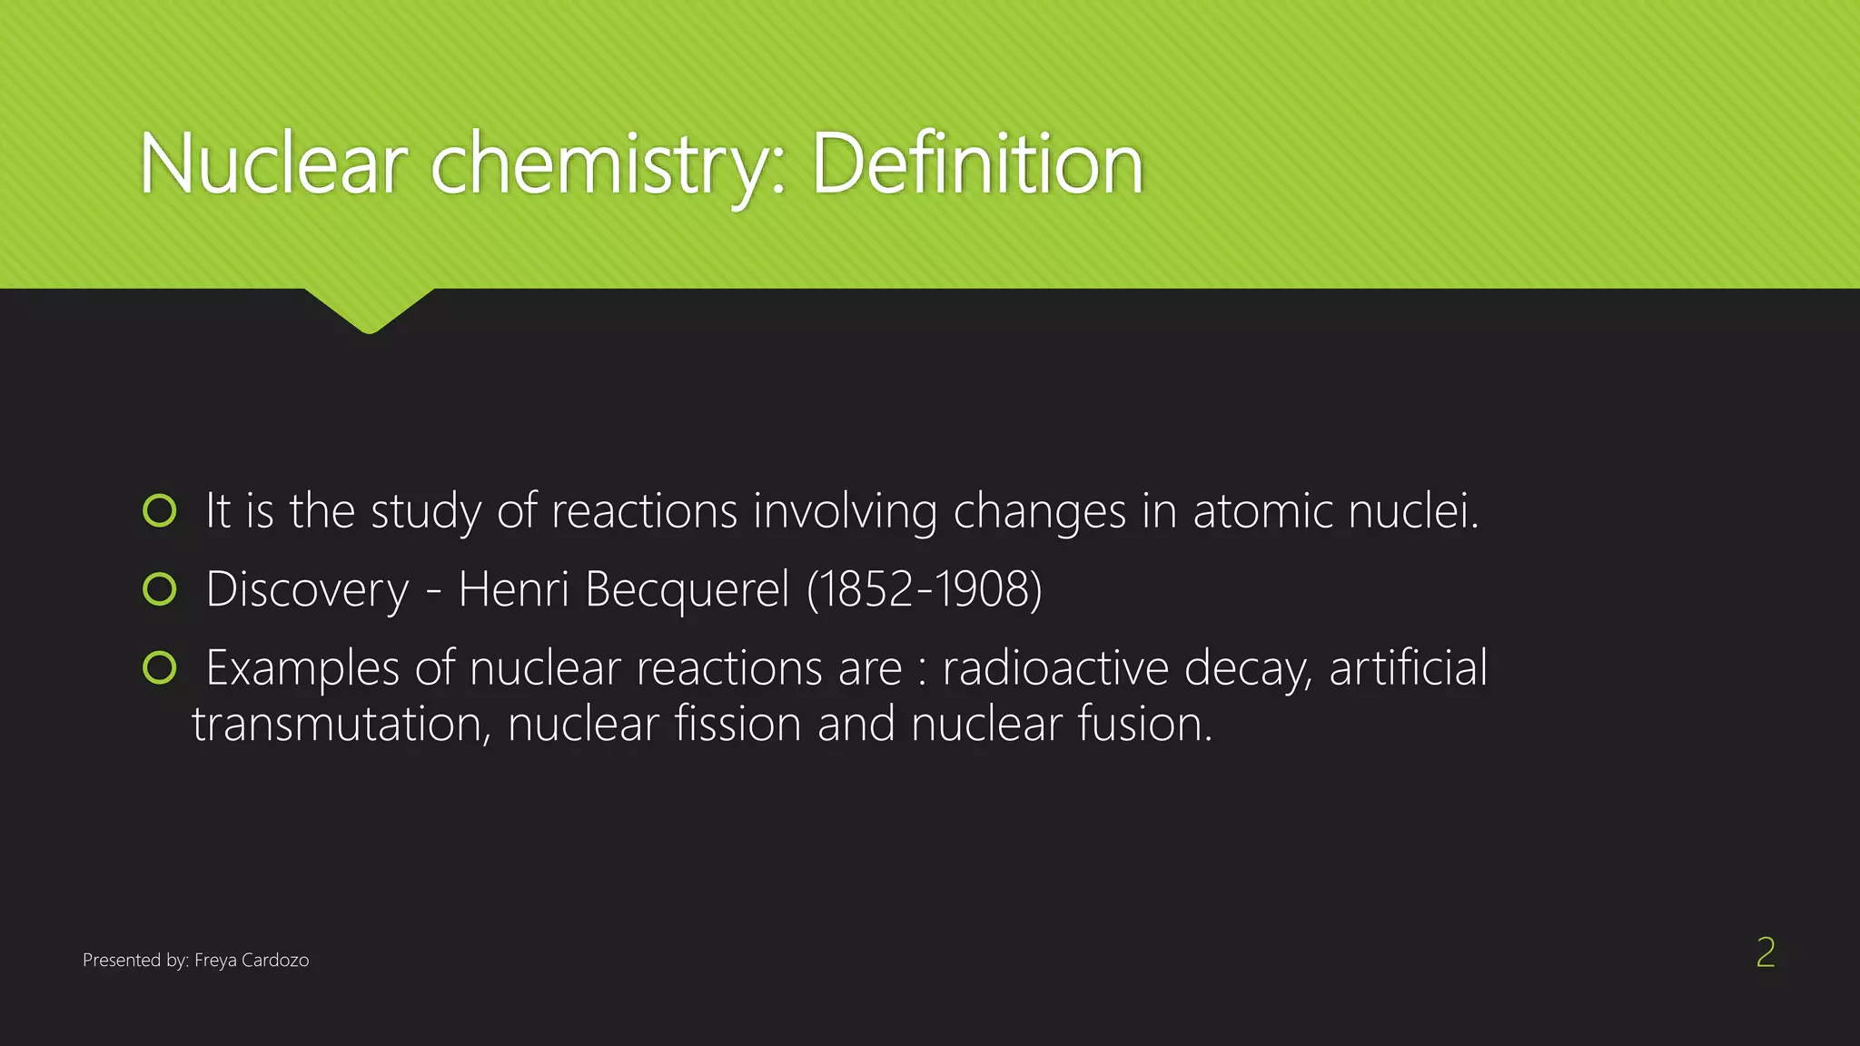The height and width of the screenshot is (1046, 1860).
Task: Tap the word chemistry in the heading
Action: coord(600,165)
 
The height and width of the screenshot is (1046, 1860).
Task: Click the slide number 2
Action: coord(1765,952)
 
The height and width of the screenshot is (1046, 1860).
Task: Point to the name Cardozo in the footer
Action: coord(275,961)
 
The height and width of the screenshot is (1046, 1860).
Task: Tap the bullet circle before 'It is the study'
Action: coord(160,510)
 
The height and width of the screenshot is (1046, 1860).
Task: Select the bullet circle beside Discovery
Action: coord(160,589)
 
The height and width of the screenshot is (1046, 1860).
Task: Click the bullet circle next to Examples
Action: coord(160,668)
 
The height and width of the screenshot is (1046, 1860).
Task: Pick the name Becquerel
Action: coord(688,589)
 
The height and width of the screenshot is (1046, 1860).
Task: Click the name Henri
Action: coord(513,588)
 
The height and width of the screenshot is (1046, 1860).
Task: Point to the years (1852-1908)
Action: coord(924,589)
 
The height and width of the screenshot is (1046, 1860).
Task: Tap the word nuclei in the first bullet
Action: coord(1413,510)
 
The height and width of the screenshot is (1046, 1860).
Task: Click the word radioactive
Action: coord(1055,668)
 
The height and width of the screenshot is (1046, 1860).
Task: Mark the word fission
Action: coord(737,725)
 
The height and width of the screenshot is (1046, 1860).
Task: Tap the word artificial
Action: coord(1408,667)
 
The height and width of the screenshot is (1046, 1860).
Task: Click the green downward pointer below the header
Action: coord(370,310)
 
